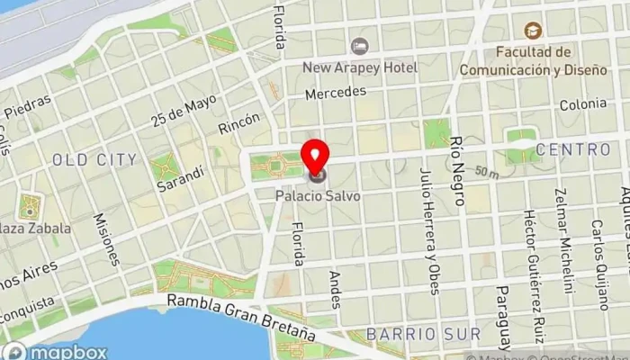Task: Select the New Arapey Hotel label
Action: click(x=360, y=67)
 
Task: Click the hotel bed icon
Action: click(x=360, y=45)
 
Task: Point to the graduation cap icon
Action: click(x=533, y=31)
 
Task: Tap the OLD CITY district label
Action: click(x=94, y=159)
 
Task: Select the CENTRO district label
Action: click(x=572, y=148)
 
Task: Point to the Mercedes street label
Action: click(x=336, y=93)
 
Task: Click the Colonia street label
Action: click(x=582, y=104)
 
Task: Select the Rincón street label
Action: click(x=239, y=123)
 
